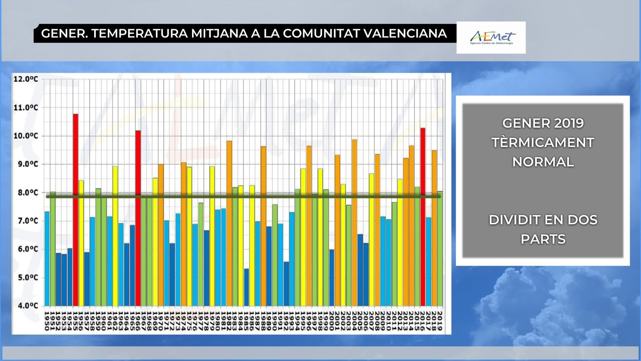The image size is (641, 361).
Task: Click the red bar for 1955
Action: pos(75,209)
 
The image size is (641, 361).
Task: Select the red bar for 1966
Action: pos(138,217)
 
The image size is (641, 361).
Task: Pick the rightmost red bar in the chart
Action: pos(423,217)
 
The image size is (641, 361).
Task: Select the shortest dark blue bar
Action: pos(246,287)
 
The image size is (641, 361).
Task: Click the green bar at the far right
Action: pos(440,249)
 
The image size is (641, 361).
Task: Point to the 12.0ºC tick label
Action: pos(26,79)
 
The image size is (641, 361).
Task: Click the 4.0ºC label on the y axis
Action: pos(26,306)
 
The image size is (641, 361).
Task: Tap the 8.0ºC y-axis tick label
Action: pos(26,193)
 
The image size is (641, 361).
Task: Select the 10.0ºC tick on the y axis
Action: pos(26,136)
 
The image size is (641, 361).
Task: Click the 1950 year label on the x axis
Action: pos(47,321)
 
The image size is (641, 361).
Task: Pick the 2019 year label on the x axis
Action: pos(439,321)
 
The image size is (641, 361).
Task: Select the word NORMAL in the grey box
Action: pos(543,162)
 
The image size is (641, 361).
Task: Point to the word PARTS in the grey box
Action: pos(543,239)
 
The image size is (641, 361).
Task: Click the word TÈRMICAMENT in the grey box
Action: pos(543,142)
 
